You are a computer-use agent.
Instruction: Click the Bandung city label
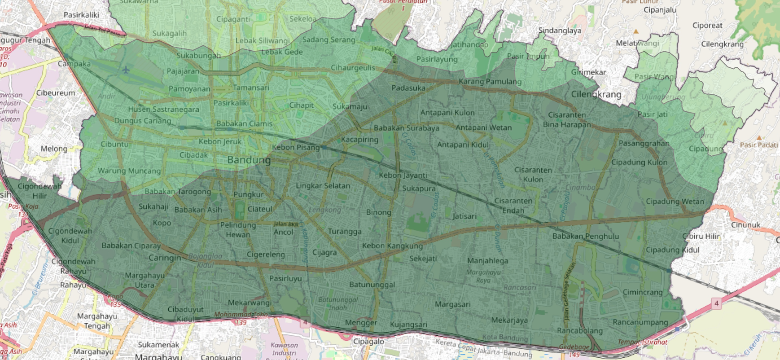[x=249, y=160]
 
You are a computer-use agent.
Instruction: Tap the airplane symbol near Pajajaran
[x=126, y=70]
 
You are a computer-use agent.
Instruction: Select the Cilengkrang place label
[x=596, y=95]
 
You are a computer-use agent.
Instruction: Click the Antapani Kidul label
[x=463, y=145]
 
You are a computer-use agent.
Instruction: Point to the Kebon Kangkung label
[x=392, y=246]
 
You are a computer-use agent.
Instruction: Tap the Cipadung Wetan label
[x=675, y=202]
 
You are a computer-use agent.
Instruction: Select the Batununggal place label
[x=372, y=285]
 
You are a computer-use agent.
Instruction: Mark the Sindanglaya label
[x=560, y=31]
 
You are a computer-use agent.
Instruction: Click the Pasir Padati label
[x=758, y=145]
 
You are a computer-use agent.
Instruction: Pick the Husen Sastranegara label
[x=163, y=110]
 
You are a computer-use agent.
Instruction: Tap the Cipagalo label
[x=368, y=341]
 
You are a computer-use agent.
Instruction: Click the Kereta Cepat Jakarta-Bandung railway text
[x=483, y=349]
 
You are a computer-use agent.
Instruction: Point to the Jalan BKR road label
[x=286, y=224]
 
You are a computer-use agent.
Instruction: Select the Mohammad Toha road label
[x=241, y=315]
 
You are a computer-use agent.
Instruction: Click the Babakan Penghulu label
[x=585, y=237]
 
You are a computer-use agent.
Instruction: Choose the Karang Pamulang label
[x=490, y=82]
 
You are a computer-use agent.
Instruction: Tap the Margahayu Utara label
[x=145, y=280]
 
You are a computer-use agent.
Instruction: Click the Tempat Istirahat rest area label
[x=642, y=342]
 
